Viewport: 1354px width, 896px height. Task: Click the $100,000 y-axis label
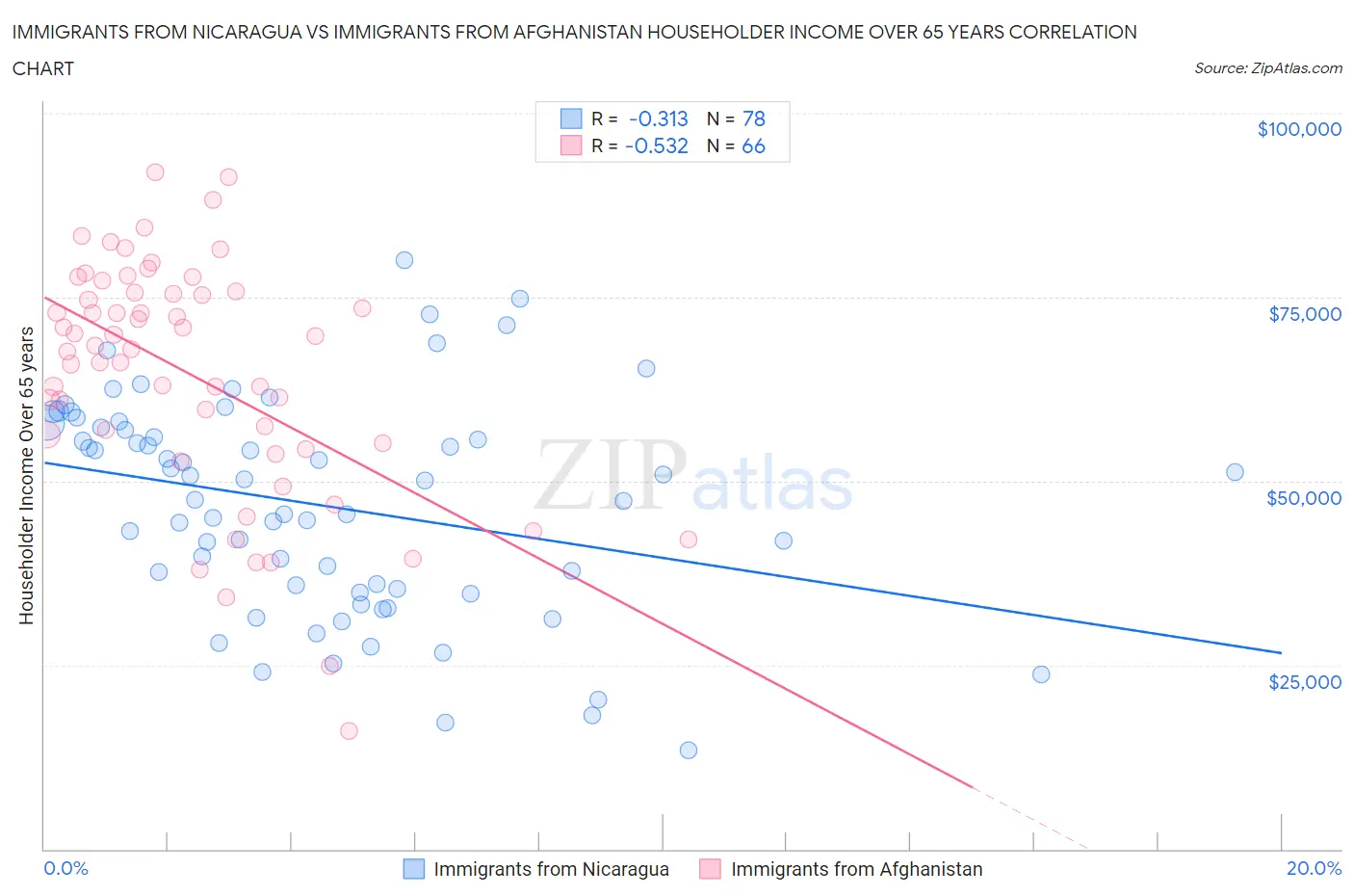(x=1298, y=129)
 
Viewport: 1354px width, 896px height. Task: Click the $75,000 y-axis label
(x=1304, y=313)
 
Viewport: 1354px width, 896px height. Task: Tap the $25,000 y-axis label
(x=1304, y=681)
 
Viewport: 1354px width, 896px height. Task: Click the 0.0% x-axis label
(x=65, y=868)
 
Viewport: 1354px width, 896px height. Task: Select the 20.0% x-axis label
(x=1314, y=868)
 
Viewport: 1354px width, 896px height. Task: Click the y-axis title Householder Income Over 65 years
(x=27, y=475)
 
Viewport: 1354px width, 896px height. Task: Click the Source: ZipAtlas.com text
(x=1267, y=67)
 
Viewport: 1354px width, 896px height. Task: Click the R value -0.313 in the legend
(x=658, y=119)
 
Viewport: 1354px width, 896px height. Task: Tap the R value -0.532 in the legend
(x=656, y=145)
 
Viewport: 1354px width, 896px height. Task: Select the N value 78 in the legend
(x=753, y=119)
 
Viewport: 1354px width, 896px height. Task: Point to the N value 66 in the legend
(x=753, y=145)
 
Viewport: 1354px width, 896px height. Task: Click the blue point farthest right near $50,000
(x=1235, y=472)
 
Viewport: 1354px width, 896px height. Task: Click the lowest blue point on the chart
(x=688, y=750)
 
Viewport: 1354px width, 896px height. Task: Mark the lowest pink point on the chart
(x=349, y=730)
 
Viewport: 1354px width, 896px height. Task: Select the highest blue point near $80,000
(x=404, y=260)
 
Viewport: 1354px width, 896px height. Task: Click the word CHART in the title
(x=43, y=68)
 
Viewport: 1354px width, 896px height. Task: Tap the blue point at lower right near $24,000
(x=1041, y=673)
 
